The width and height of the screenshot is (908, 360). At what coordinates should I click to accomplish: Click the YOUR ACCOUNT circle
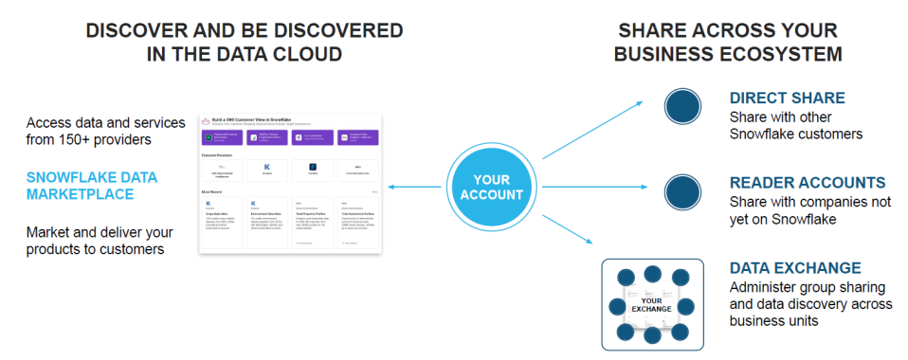(493, 187)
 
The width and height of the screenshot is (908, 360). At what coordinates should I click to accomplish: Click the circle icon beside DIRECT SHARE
(681, 107)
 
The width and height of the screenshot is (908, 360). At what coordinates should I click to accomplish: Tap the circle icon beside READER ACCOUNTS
(681, 191)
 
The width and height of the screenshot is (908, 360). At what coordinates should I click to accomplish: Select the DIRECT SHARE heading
(787, 99)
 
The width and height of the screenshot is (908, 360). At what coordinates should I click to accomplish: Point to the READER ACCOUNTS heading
(807, 183)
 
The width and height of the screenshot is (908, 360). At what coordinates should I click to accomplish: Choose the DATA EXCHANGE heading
(795, 268)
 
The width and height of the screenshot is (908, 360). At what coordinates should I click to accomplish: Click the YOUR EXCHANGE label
(651, 306)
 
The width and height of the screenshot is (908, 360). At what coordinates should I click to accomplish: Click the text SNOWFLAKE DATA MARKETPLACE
(92, 187)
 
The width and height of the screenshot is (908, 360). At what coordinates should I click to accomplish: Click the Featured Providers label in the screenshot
(219, 153)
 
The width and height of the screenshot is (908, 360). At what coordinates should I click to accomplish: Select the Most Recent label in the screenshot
(213, 191)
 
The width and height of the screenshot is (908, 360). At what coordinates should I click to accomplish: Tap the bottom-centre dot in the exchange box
(651, 335)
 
